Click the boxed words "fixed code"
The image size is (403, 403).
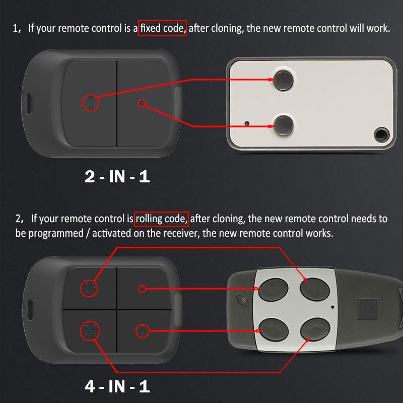click(163, 28)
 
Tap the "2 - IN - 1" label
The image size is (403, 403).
click(117, 177)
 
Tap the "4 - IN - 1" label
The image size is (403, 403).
click(117, 387)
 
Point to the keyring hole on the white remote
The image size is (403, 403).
click(382, 134)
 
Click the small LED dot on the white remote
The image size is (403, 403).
click(247, 123)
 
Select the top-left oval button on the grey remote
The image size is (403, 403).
click(272, 289)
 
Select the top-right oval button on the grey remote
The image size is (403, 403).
click(313, 289)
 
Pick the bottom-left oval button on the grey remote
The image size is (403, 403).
click(272, 330)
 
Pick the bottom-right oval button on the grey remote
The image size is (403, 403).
click(313, 330)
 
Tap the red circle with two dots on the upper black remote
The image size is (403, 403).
click(91, 103)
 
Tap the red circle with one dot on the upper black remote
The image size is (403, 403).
click(142, 103)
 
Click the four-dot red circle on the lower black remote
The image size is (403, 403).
click(90, 331)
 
